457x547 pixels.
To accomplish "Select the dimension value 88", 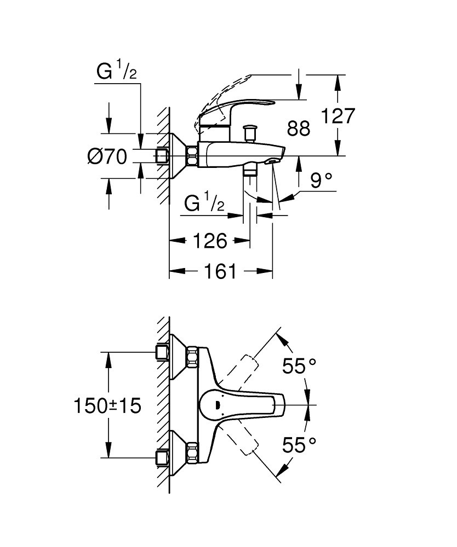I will click(x=299, y=129).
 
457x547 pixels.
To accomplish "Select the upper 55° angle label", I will click(x=300, y=365).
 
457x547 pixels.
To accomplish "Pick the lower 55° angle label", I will click(x=300, y=445).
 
